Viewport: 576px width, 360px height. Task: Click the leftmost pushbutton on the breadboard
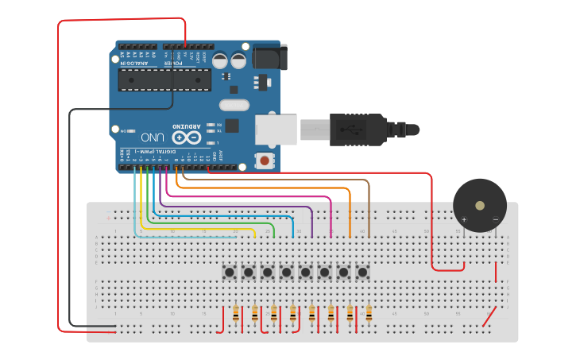[230, 273]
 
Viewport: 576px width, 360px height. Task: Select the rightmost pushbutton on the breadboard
[363, 273]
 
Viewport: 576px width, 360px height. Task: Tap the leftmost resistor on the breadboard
[236, 314]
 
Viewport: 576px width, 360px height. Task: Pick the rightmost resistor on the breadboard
[369, 314]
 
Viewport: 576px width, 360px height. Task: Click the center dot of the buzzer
[479, 205]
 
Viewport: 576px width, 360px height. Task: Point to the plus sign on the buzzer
[464, 219]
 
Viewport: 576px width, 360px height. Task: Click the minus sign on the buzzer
[495, 219]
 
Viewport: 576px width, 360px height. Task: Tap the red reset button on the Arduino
[264, 161]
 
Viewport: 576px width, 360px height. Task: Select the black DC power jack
[269, 57]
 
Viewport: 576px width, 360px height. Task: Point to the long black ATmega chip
[164, 79]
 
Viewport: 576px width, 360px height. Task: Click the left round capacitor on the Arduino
[219, 60]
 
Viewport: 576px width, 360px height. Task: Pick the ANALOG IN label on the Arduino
[131, 61]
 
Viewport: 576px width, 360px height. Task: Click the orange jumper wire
[350, 211]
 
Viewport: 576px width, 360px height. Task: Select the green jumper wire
[273, 230]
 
